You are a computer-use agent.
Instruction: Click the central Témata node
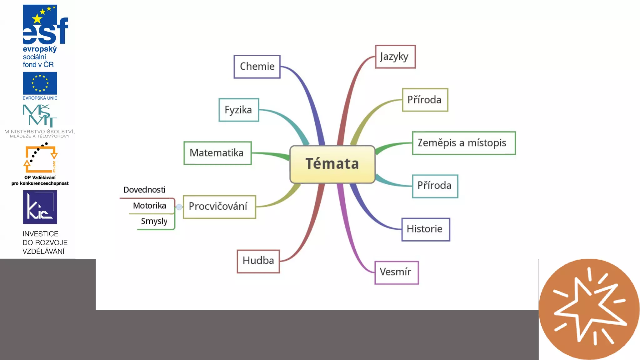332,164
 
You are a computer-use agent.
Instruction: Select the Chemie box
257,67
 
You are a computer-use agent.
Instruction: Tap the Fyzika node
239,110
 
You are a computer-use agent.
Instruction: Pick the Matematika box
217,153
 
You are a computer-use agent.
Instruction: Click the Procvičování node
219,207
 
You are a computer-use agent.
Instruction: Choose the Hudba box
258,261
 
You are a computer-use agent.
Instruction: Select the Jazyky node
395,57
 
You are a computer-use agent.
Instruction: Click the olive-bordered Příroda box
425,100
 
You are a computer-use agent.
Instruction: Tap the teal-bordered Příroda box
435,186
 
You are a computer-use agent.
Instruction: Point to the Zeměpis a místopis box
463,143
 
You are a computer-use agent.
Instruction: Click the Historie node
425,229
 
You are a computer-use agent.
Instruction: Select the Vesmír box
396,272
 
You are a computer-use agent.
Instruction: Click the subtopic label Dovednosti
144,190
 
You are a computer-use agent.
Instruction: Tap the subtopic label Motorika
150,206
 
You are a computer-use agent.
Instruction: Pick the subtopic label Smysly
154,221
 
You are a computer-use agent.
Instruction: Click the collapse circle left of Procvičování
179,207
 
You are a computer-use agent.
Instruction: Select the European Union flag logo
40,83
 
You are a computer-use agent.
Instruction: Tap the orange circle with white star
589,309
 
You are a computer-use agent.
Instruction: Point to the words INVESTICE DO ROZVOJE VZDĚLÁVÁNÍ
45,242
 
